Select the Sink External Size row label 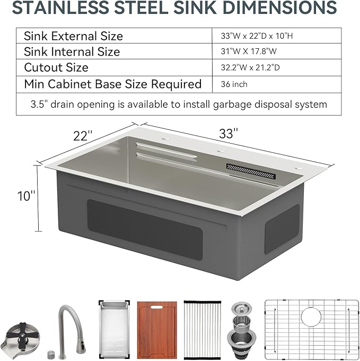74,36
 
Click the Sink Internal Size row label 72,52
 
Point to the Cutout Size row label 56,68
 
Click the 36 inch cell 235,84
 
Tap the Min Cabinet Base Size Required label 113,84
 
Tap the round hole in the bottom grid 311,318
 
